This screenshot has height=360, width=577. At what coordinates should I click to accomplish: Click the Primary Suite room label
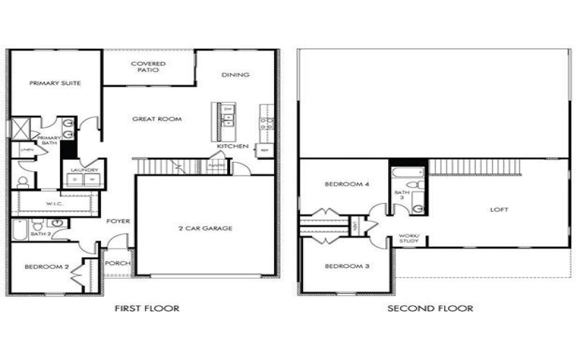point(55,84)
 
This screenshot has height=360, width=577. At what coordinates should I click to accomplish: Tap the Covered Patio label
point(148,67)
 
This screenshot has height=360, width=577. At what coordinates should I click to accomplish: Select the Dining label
point(235,75)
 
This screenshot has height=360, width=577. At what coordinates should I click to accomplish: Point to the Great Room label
point(157,119)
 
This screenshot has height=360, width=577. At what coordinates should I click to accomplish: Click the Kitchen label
point(233,146)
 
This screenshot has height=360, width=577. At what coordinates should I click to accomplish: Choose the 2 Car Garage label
point(206,228)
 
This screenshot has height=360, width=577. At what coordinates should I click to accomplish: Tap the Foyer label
point(118,221)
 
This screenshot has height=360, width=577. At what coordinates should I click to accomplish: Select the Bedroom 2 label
point(47,267)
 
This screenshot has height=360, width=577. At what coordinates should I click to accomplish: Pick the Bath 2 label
point(40,234)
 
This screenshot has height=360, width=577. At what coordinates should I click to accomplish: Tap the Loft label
point(499,210)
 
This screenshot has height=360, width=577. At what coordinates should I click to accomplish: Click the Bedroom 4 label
point(347,184)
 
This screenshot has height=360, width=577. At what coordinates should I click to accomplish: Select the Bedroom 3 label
point(347,266)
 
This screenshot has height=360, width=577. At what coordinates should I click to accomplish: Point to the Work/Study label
point(409,238)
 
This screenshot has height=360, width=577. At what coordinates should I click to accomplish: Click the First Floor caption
point(147,308)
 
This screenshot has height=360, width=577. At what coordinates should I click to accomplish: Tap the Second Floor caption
point(431,308)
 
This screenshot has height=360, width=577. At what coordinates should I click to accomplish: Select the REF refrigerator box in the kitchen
point(265,150)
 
